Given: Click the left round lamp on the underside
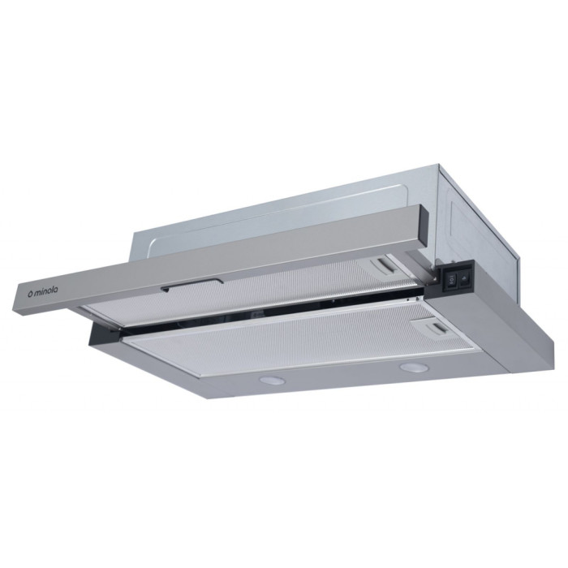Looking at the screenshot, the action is pos(272,381).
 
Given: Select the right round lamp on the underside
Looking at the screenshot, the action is pos(412,368).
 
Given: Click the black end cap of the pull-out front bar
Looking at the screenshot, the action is pos(424,226).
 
